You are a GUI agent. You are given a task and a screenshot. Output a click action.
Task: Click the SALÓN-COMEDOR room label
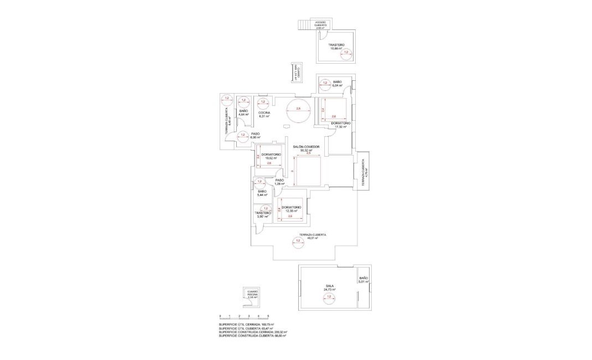(303, 147)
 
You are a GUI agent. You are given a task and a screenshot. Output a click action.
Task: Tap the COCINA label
(264, 112)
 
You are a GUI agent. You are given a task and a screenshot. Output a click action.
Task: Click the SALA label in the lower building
(329, 286)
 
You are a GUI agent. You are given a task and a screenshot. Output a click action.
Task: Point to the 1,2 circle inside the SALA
(329, 297)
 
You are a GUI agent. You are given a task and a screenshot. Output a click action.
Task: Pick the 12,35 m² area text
(291, 211)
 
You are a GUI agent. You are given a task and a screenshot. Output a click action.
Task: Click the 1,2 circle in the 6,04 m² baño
(325, 84)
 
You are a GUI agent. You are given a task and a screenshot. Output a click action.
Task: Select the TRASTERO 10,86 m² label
(336, 45)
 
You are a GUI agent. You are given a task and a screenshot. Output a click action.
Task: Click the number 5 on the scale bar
(268, 316)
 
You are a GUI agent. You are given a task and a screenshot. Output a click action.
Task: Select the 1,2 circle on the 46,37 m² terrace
(298, 241)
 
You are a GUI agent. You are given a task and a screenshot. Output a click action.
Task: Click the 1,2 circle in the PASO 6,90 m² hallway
(242, 135)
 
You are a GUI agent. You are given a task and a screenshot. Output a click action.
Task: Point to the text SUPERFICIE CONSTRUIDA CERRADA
(241, 332)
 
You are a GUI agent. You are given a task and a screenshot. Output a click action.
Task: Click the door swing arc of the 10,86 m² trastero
(321, 34)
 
